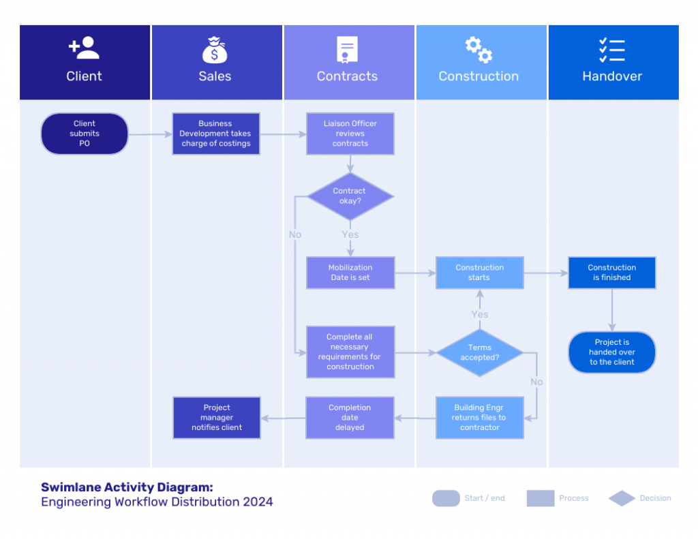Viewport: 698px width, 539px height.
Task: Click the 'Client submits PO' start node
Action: click(85, 134)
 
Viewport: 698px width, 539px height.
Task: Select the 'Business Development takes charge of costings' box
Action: click(216, 134)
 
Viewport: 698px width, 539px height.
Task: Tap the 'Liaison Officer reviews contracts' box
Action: click(350, 134)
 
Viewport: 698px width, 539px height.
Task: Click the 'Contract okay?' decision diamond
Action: click(350, 196)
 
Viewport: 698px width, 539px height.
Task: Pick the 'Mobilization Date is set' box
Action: click(350, 273)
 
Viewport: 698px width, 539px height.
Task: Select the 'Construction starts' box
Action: click(480, 273)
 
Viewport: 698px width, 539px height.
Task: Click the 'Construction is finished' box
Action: click(611, 273)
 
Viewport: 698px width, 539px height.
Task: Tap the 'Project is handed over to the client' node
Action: click(611, 352)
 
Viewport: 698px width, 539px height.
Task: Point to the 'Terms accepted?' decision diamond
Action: click(479, 352)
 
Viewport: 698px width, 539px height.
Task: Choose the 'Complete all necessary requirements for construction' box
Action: click(350, 352)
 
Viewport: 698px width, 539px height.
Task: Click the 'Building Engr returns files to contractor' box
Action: click(480, 418)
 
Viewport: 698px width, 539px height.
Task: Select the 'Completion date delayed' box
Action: click(350, 418)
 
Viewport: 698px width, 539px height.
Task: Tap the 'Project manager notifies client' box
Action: click(217, 418)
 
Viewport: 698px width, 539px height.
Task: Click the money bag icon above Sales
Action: click(215, 50)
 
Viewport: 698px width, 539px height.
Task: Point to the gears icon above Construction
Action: click(479, 50)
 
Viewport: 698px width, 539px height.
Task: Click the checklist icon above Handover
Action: click(611, 50)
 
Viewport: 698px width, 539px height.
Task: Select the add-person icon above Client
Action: click(84, 48)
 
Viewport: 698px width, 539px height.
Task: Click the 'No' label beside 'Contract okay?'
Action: click(294, 234)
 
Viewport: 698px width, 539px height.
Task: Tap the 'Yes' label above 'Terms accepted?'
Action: click(480, 314)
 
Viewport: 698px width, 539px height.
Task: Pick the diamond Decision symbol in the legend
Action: click(622, 499)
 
